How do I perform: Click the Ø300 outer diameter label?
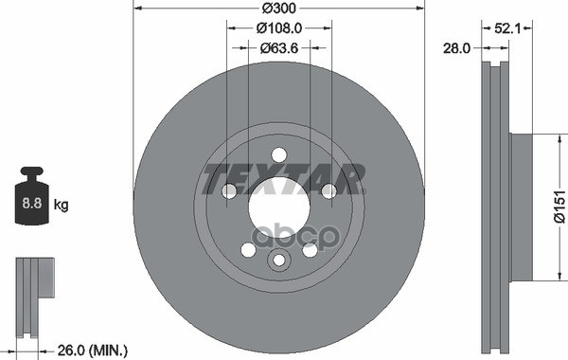click(279, 9)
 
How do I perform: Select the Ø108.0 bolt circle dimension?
click(279, 28)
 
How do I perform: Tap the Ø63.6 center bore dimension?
click(279, 47)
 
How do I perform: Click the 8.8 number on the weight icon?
click(33, 204)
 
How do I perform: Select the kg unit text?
click(62, 204)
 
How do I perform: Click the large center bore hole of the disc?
click(279, 201)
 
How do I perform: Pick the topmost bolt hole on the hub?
click(279, 156)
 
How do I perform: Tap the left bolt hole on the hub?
click(229, 192)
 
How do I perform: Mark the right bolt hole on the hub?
click(328, 192)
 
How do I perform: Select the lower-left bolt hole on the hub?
click(248, 250)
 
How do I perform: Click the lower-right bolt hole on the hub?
click(310, 250)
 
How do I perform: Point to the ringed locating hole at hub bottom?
click(279, 261)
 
